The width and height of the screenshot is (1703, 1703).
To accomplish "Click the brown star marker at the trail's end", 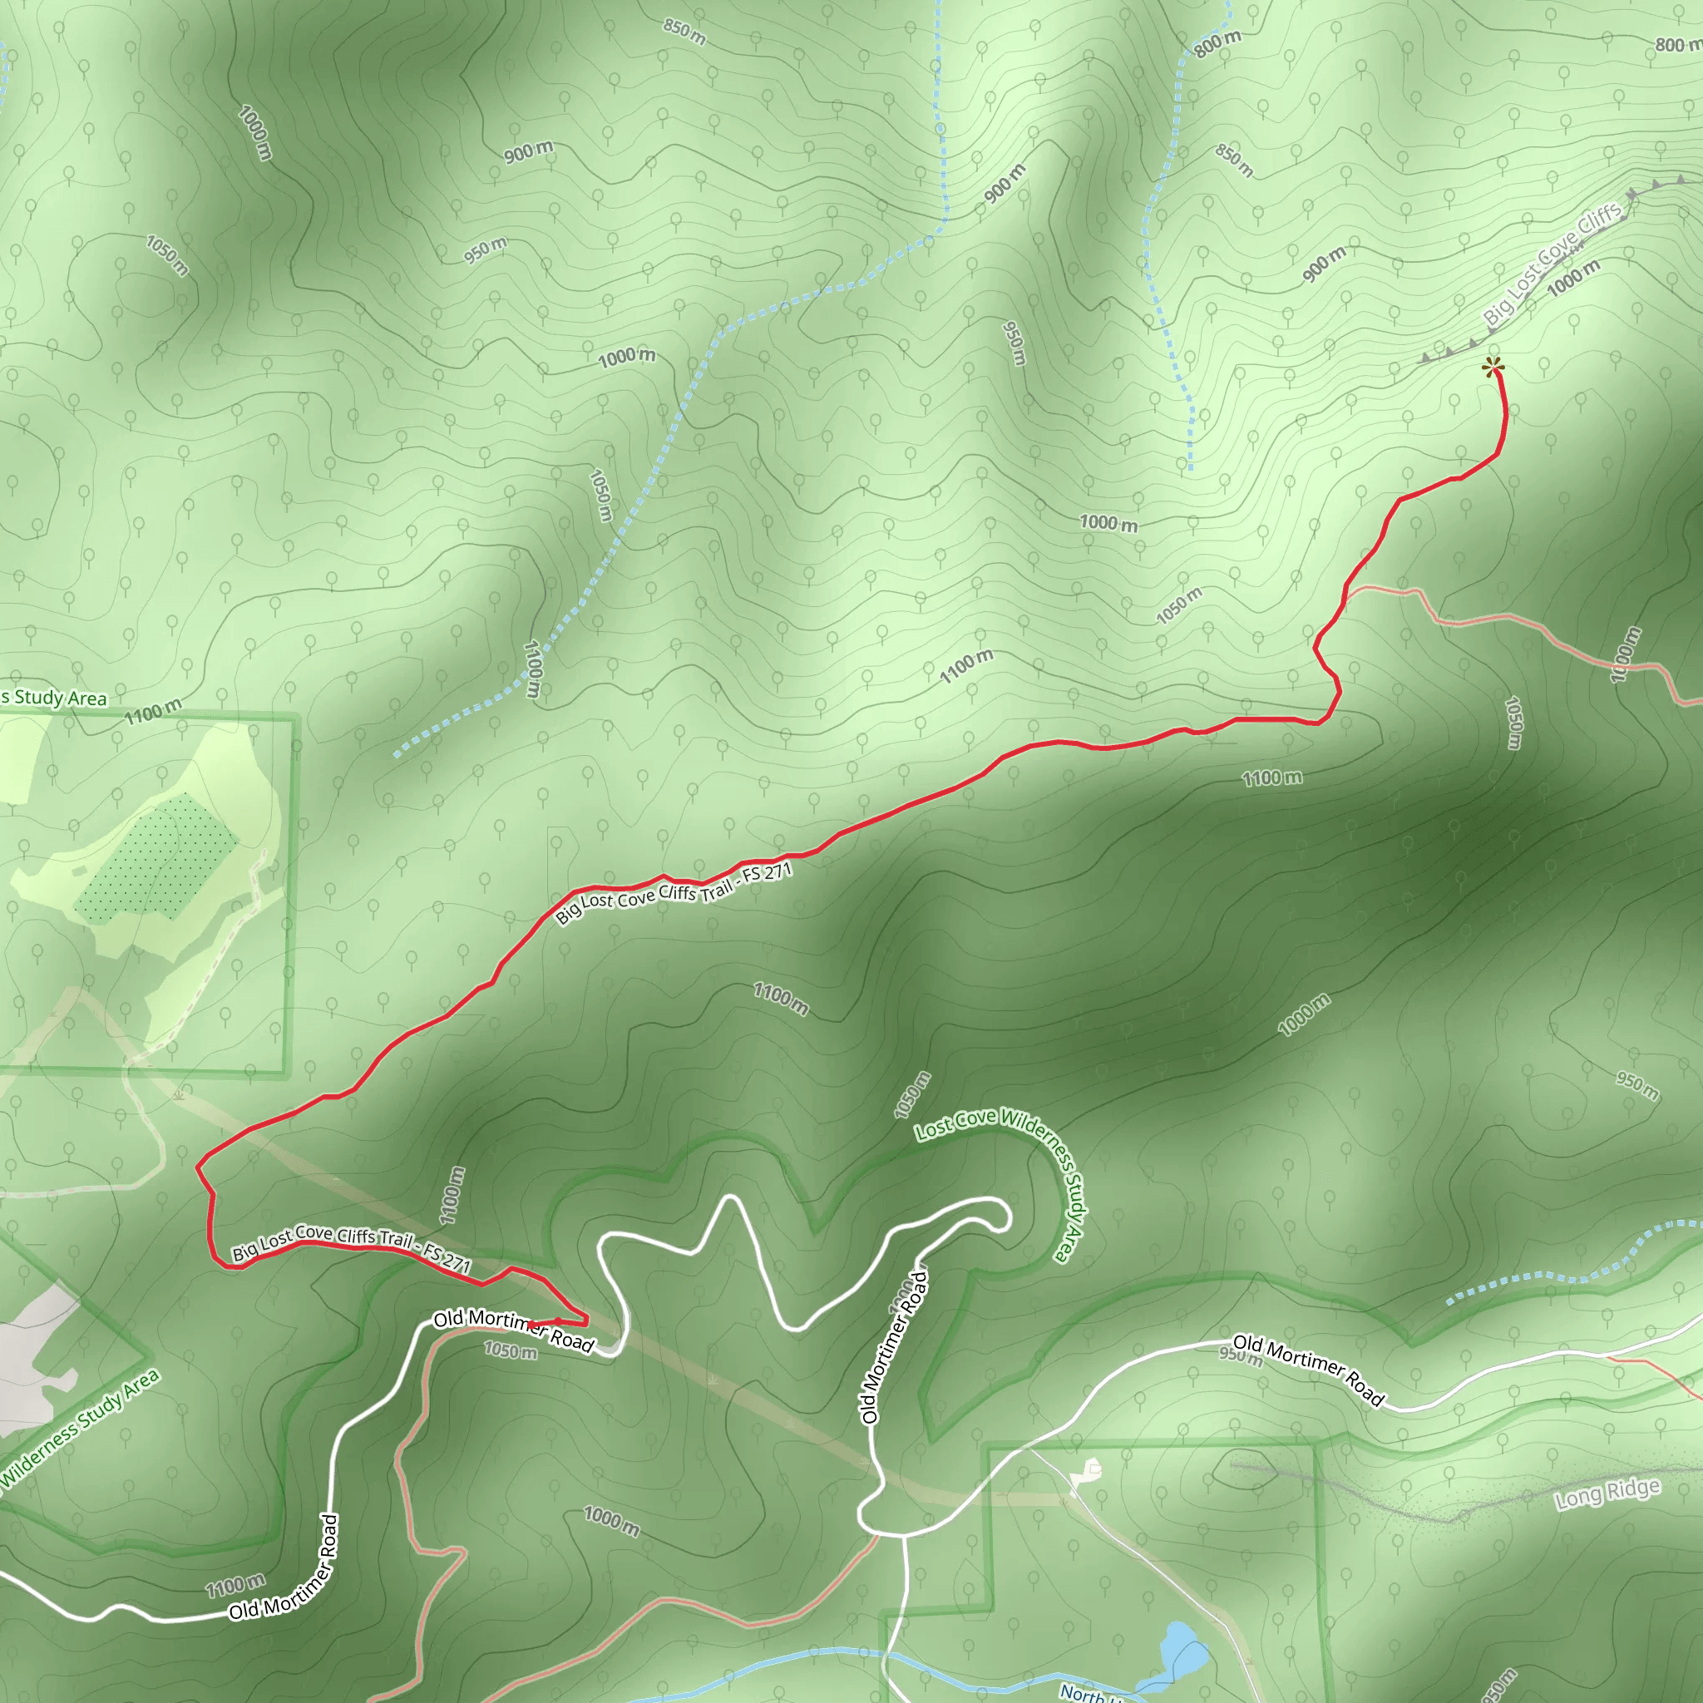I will tap(1493, 367).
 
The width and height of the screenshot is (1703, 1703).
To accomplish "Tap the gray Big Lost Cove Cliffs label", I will tap(1552, 264).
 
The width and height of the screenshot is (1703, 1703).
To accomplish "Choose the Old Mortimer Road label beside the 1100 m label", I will tap(284, 1569).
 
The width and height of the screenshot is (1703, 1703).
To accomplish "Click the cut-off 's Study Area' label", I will tap(53, 697).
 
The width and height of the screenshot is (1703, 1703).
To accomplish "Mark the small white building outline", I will tap(1091, 1469).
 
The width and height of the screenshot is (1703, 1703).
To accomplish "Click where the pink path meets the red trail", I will tap(1345, 592).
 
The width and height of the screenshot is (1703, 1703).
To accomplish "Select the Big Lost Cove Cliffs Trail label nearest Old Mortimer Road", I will tap(351, 1246).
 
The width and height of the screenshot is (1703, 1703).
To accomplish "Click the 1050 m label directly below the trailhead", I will tap(510, 1350).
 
